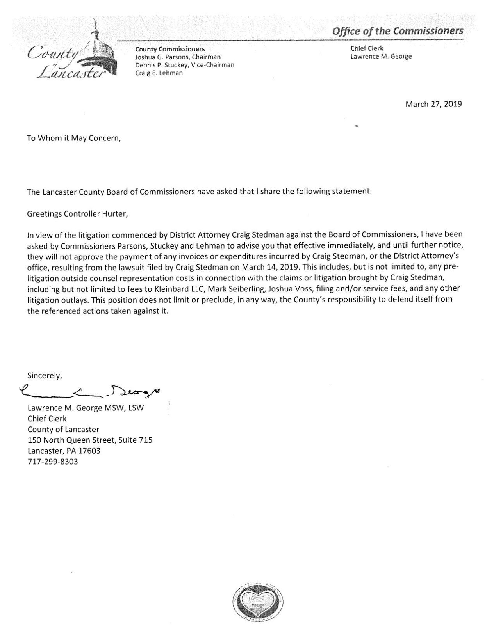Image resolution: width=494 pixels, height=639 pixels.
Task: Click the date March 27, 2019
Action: coord(433,104)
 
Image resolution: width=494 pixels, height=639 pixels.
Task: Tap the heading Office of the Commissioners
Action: coord(397,31)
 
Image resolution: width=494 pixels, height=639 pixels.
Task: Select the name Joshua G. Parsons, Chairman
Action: coord(172,57)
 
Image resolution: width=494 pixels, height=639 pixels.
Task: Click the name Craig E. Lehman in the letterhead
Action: coord(159,73)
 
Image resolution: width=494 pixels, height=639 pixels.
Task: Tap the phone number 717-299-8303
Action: coord(53,461)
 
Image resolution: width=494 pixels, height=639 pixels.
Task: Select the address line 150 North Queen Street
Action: coord(90,440)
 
